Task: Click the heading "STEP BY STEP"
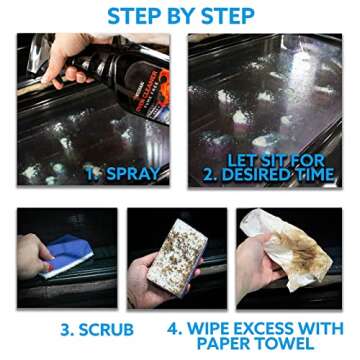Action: tap(180, 16)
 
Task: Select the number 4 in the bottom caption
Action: tap(175, 326)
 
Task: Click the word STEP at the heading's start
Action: tap(135, 16)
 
